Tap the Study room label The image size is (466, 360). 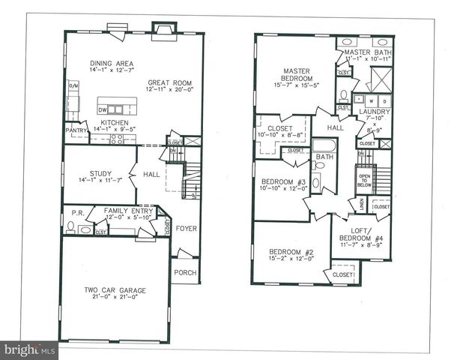pos(100,172)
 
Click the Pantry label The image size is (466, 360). pos(76,130)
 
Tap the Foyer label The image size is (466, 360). pos(186,227)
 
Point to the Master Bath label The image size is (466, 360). pos(368,52)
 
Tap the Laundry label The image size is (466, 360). pos(373,112)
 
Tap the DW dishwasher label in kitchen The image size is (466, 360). pos(103,109)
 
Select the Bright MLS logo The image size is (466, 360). pos(29,349)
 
